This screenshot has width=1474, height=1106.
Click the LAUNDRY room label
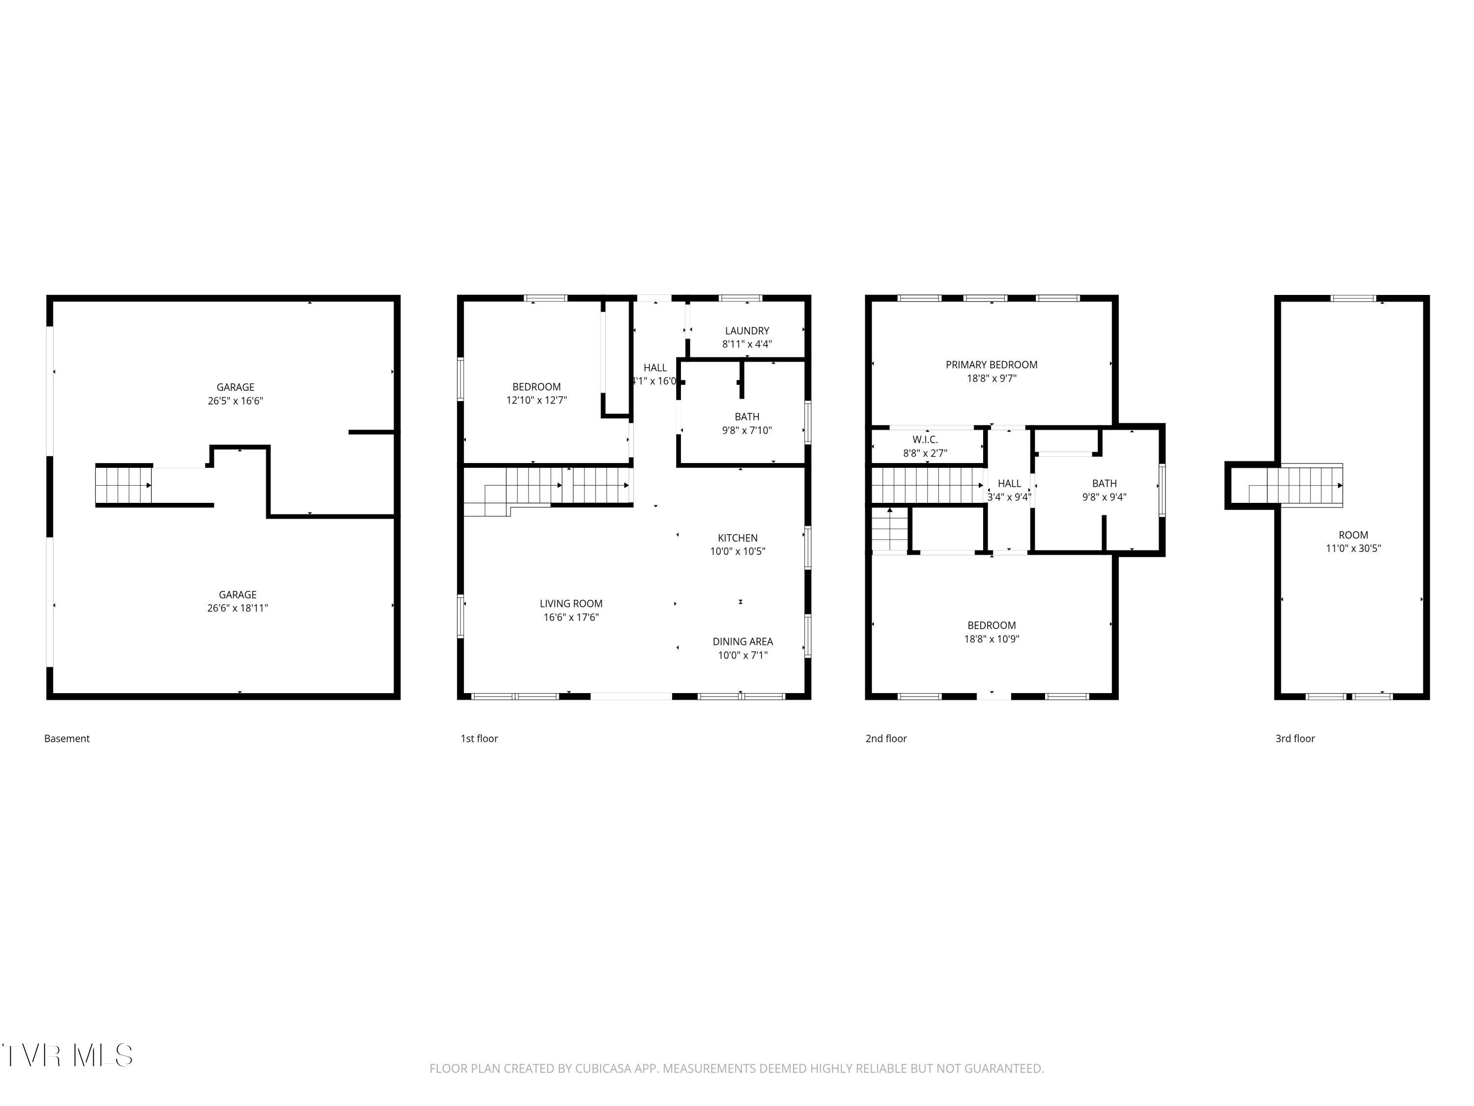[x=747, y=331]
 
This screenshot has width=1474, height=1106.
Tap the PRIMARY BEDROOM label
[x=992, y=365]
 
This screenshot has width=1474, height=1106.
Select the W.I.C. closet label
[x=925, y=440]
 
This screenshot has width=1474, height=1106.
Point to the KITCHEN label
[x=737, y=538]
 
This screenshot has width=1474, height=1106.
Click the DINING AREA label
[x=743, y=642]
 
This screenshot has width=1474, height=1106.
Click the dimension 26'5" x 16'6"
[x=235, y=401]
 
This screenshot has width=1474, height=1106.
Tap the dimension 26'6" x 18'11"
[x=237, y=608]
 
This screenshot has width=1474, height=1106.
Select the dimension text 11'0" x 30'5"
[x=1354, y=549]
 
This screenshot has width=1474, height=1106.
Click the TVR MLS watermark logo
[x=67, y=1056]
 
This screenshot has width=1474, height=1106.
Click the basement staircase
[x=124, y=485]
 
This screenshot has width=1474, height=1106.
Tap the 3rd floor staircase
[x=1296, y=485]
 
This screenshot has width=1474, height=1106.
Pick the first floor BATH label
[x=747, y=417]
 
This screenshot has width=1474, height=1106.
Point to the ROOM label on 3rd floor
[x=1354, y=535]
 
